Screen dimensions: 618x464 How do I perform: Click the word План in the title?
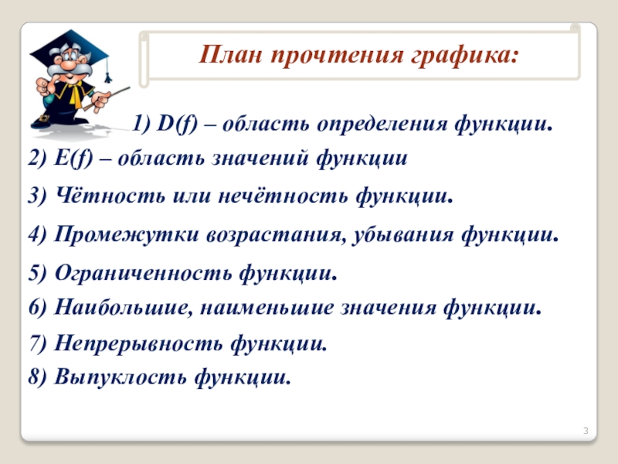[x=230, y=54]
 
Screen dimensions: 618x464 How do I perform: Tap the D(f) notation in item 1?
[x=178, y=124]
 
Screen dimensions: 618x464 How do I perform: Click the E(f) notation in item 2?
[x=73, y=159]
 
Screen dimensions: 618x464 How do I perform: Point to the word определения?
[x=382, y=125]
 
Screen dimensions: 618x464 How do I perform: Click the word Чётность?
[x=110, y=195]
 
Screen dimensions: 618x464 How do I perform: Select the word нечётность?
[x=283, y=195]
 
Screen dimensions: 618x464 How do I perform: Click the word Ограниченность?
[x=144, y=273]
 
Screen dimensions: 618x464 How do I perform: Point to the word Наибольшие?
[x=124, y=307]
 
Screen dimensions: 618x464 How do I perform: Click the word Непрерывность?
[x=139, y=343]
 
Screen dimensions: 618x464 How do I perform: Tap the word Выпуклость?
[x=121, y=377]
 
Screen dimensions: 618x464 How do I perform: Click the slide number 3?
[x=586, y=431]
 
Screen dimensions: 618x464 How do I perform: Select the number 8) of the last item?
[x=37, y=377]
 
